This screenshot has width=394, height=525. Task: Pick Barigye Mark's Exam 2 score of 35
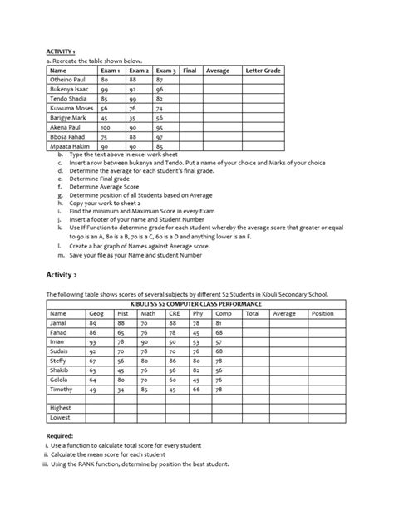coord(132,119)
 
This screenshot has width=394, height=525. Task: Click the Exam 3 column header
coord(165,71)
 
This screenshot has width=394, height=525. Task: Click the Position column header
coord(322,313)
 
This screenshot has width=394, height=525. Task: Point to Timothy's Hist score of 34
coord(121,388)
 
